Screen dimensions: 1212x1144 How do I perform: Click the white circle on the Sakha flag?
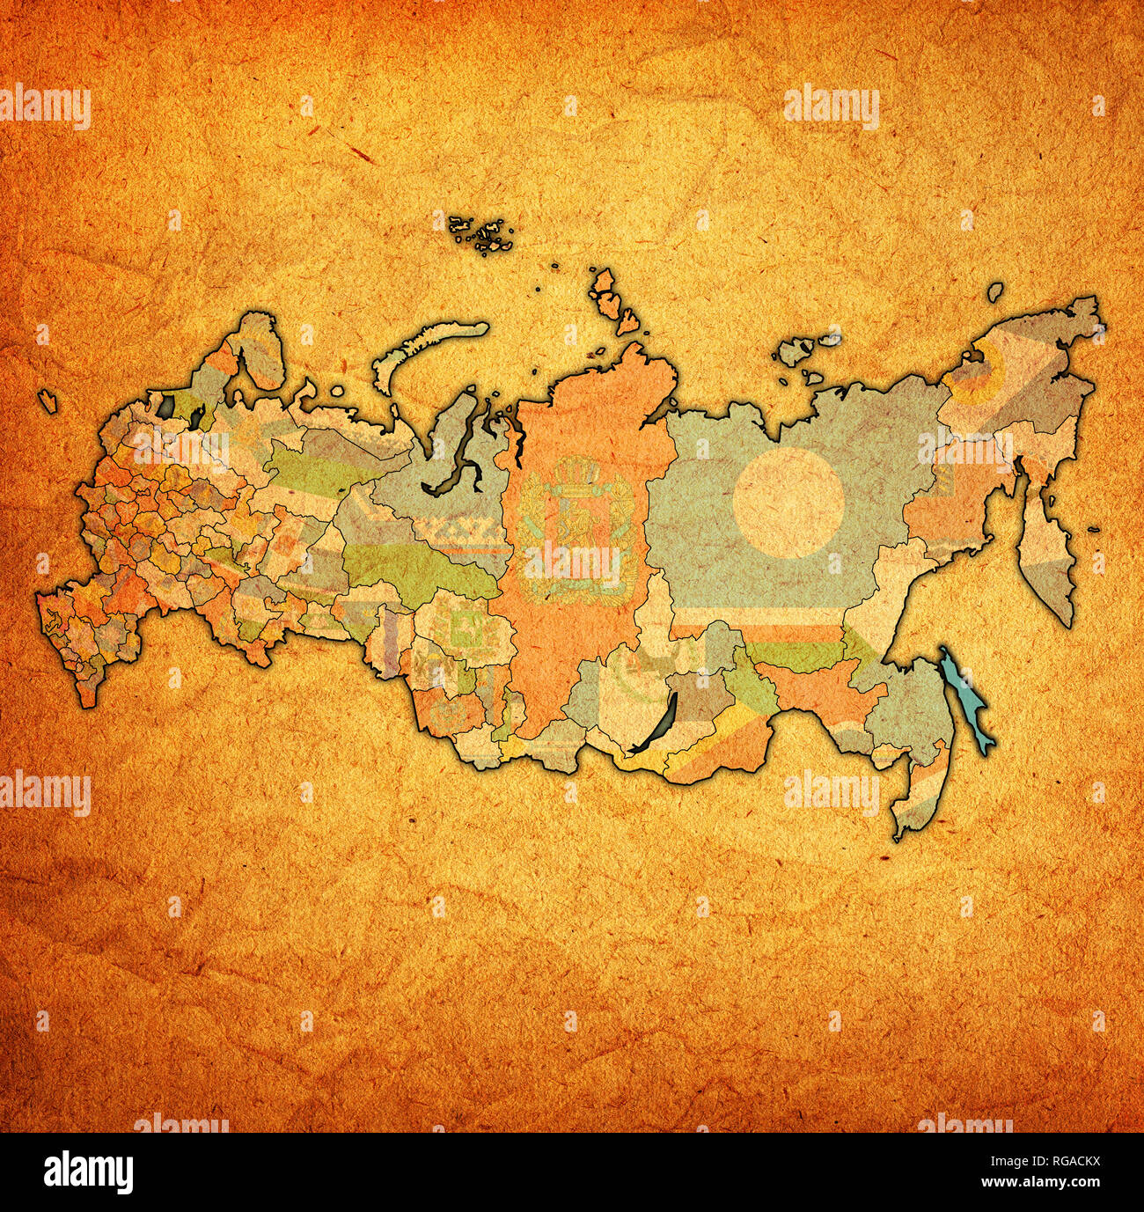pyautogui.click(x=789, y=503)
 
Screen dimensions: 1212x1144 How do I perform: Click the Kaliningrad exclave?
pyautogui.click(x=48, y=400)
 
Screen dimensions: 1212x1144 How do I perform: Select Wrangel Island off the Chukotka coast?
pyautogui.click(x=995, y=291)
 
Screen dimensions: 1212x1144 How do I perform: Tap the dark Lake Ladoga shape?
pyautogui.click(x=166, y=407)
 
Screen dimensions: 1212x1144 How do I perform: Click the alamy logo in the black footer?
pyautogui.click(x=89, y=1172)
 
